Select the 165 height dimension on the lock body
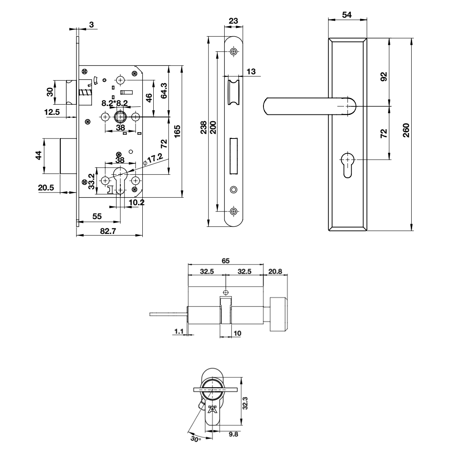(177, 131)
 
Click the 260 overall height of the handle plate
(406, 133)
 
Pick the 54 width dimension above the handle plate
(347, 14)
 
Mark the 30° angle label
(194, 440)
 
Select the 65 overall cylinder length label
(226, 261)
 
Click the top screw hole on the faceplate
(233, 52)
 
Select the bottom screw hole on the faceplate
(233, 211)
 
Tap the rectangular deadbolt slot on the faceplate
(233, 156)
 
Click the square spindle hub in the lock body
(120, 117)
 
